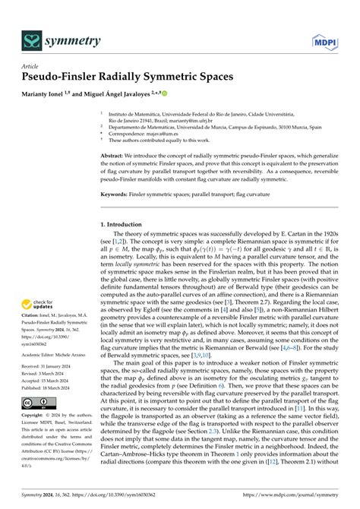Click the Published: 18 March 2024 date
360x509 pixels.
click(x=50, y=402)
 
